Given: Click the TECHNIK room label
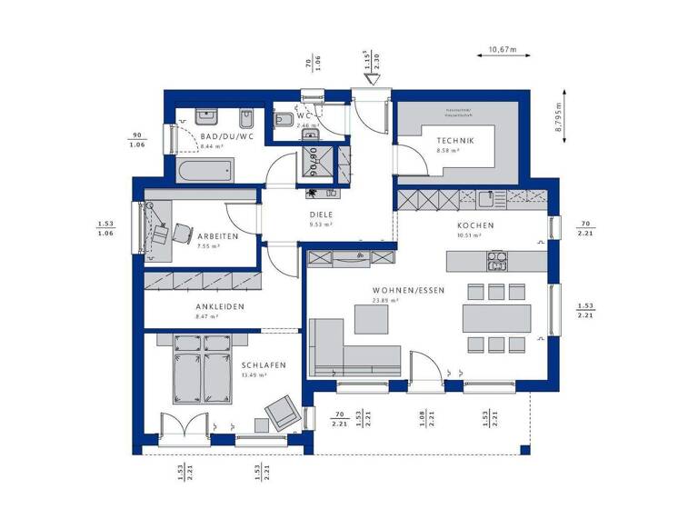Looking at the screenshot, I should pyautogui.click(x=455, y=140).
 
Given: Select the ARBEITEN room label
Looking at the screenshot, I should pyautogui.click(x=217, y=236).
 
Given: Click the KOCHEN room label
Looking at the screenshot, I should pyautogui.click(x=475, y=225).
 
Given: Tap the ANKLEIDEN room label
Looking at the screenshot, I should pyautogui.click(x=220, y=306).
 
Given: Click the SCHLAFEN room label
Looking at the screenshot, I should pyautogui.click(x=264, y=364).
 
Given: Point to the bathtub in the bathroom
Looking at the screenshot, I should pyautogui.click(x=204, y=170).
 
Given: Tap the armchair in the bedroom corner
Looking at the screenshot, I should pyautogui.click(x=281, y=415).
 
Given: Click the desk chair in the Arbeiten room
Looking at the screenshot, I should pyautogui.click(x=161, y=234).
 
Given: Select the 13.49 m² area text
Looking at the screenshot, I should pyautogui.click(x=254, y=374).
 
